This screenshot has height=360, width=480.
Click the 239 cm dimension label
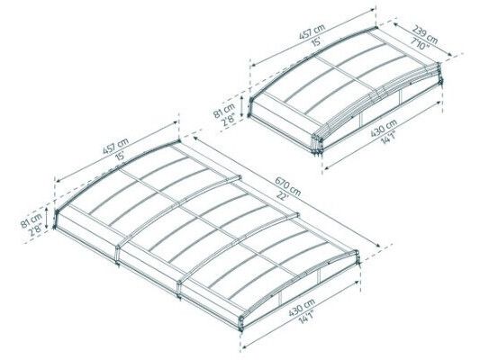click(425, 34)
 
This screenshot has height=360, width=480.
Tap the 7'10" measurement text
click(419, 42)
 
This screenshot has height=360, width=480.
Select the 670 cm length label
click(287, 187)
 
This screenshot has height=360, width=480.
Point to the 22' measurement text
click(282, 195)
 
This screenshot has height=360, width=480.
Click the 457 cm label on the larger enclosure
click(115, 146)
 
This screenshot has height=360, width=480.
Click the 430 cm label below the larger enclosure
click(302, 308)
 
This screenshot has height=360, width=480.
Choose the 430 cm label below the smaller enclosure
click(384, 128)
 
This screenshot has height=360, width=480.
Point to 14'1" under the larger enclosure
click(308, 317)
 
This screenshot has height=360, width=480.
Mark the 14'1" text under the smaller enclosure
click(389, 138)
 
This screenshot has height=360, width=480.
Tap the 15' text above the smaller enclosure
click(316, 41)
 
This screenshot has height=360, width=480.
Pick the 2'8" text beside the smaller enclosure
click(230, 118)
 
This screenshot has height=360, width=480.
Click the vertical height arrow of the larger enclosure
click(47, 218)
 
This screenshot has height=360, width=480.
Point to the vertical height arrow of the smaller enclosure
click(242, 106)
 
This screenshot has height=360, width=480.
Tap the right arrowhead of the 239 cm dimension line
click(450, 54)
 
